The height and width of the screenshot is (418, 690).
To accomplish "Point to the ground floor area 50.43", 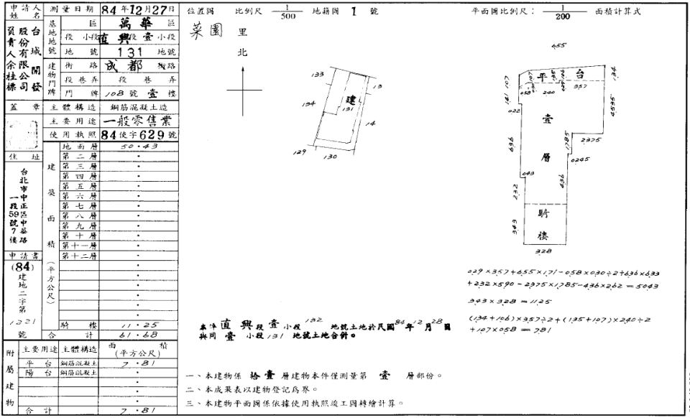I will point(137,146).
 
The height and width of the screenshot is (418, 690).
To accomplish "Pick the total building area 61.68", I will point(137,334).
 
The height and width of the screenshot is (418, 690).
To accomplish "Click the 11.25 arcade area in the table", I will point(137,325).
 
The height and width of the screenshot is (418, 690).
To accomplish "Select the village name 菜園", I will point(204,32).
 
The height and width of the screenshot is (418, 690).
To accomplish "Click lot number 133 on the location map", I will point(317,74).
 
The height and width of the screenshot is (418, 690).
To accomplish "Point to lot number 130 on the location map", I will point(331,156).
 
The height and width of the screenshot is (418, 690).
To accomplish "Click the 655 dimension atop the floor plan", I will point(557,45).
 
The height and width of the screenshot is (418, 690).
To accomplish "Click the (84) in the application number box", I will point(22,267).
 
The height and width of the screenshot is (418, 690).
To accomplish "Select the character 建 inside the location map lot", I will point(351,99).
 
